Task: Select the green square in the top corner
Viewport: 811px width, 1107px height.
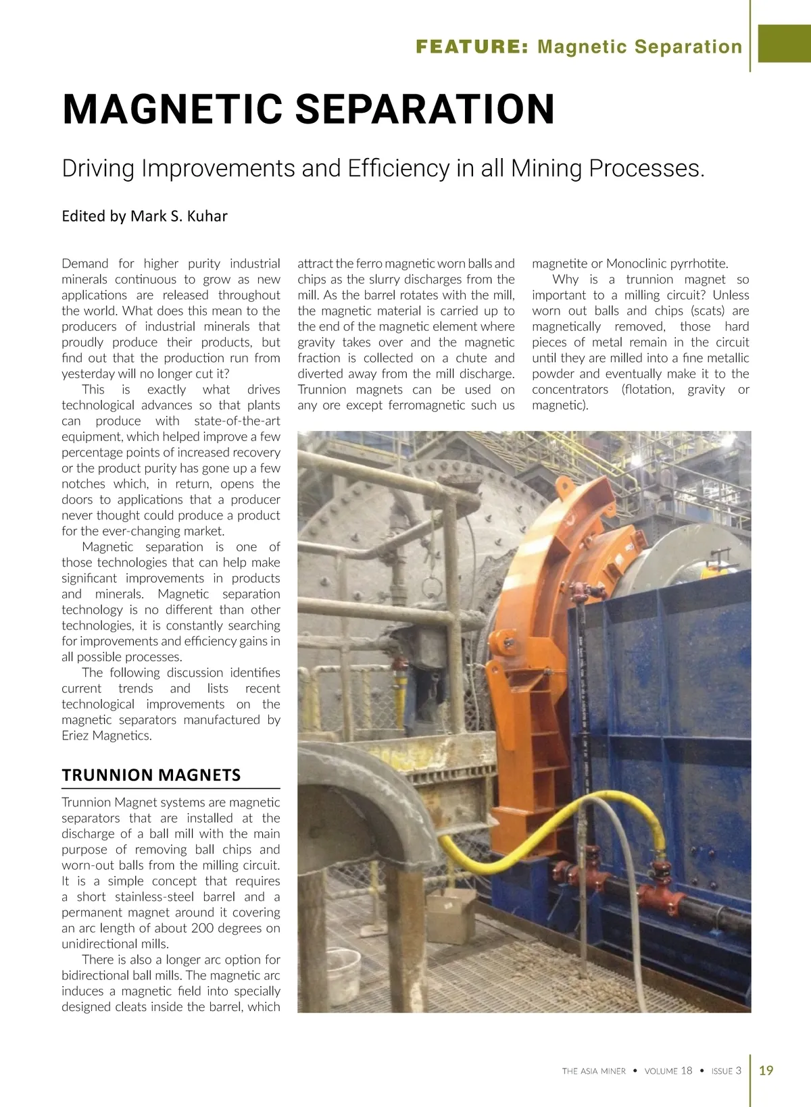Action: point(784,43)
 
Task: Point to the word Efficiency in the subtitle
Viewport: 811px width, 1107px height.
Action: point(399,168)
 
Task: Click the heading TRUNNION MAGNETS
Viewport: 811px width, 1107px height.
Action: point(151,775)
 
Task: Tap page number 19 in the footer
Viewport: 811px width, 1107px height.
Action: point(766,1070)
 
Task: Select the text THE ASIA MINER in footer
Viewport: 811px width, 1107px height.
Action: point(594,1071)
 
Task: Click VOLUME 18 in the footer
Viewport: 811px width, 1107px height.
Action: point(668,1071)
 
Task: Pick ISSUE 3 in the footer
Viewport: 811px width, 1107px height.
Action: point(727,1071)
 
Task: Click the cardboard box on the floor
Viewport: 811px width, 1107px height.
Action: point(451,915)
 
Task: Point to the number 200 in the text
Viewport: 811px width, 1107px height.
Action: point(203,928)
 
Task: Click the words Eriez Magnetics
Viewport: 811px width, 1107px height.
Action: point(106,736)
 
